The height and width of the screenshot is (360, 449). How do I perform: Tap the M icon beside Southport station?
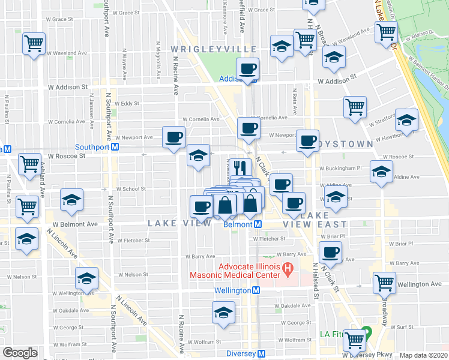click(115, 146)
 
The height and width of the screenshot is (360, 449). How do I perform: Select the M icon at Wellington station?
click(256, 290)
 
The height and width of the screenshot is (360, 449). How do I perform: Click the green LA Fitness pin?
click(366, 331)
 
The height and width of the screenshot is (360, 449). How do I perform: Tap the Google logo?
click(20, 353)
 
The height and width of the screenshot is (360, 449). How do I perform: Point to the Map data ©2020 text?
click(424, 355)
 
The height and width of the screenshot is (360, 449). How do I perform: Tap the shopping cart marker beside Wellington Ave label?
click(384, 282)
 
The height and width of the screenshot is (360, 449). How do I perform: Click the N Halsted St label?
click(314, 281)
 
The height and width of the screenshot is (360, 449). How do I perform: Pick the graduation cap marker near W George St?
click(223, 312)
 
